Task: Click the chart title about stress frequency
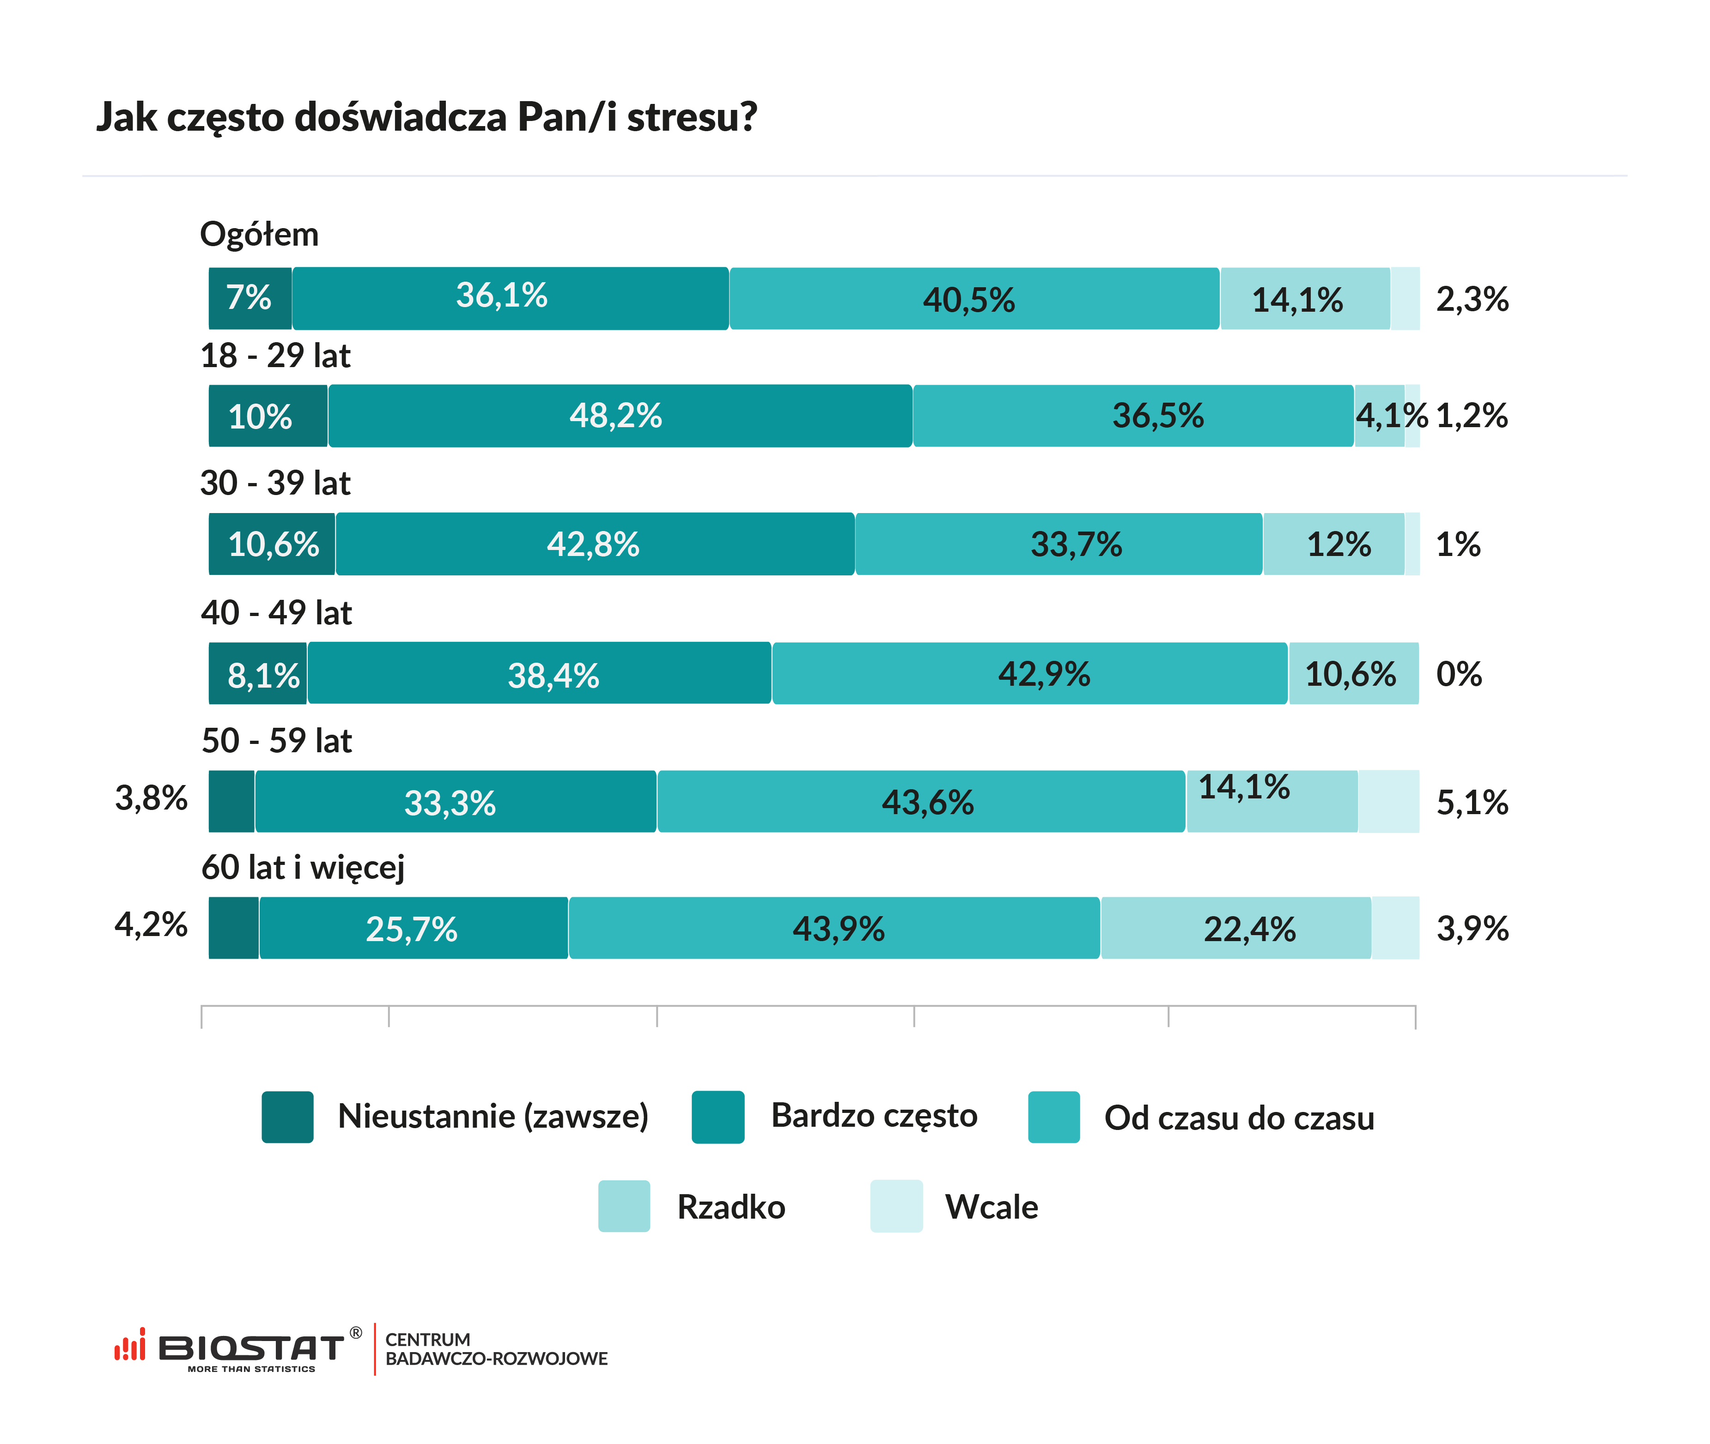(x=426, y=116)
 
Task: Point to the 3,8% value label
(x=152, y=798)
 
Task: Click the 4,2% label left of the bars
(x=152, y=925)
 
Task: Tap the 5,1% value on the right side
(x=1472, y=802)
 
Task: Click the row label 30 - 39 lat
(x=275, y=483)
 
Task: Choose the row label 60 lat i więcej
(x=303, y=867)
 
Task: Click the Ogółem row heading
(x=259, y=234)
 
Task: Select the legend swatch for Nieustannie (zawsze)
(x=287, y=1117)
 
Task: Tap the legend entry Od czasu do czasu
(x=1238, y=1118)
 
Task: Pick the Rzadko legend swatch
(x=624, y=1206)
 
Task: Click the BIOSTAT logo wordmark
(x=250, y=1347)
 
